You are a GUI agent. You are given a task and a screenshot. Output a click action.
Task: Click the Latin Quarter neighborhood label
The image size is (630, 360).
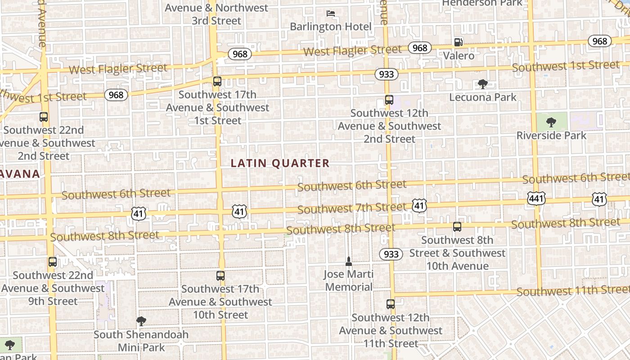(x=280, y=163)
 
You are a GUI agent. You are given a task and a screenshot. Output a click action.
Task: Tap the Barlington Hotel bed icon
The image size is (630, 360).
(x=331, y=13)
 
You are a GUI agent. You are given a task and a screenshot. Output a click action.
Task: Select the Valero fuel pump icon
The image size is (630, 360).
(x=458, y=42)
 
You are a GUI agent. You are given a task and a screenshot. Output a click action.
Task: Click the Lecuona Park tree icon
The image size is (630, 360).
(x=483, y=84)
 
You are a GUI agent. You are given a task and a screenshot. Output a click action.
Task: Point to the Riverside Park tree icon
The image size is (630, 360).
(x=551, y=122)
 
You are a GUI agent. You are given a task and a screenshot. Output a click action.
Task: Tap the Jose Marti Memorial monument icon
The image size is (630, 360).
(x=348, y=261)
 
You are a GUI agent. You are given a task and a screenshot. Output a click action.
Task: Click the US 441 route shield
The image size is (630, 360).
(x=537, y=198)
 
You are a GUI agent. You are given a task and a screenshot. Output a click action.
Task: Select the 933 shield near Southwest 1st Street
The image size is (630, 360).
(x=386, y=74)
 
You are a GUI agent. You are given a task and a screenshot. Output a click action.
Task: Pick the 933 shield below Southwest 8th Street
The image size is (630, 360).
(x=391, y=254)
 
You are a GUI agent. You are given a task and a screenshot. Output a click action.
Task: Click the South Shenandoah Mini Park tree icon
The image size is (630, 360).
(x=141, y=321)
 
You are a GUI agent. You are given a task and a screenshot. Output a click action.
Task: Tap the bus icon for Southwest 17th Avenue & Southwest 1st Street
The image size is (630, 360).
(x=217, y=81)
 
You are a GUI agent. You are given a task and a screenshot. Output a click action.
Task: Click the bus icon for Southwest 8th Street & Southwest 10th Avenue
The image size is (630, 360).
(x=457, y=227)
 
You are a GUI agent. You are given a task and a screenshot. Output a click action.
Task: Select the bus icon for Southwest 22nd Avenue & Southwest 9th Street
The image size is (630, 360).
(x=53, y=262)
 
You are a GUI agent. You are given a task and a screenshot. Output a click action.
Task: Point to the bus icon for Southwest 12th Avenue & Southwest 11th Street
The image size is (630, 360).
(x=391, y=304)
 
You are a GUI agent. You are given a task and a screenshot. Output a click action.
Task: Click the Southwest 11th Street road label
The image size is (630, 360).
(x=572, y=290)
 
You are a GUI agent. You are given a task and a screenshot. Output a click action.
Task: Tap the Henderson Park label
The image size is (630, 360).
(x=482, y=3)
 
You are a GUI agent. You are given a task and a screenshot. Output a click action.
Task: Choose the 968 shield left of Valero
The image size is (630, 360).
(x=419, y=48)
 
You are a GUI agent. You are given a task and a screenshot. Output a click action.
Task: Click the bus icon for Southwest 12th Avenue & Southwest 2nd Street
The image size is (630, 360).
(x=389, y=100)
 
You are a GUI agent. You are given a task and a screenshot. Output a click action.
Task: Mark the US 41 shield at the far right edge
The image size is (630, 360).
(x=599, y=199)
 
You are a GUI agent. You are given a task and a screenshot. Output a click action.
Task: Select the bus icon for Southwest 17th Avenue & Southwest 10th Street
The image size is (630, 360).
(x=220, y=276)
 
